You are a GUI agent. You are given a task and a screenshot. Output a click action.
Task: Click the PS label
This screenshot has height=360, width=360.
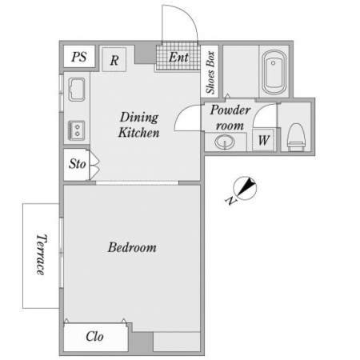79,57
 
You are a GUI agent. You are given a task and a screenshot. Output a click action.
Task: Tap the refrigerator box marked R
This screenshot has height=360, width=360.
114,59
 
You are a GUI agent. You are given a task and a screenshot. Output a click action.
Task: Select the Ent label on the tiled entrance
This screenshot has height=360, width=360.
178,57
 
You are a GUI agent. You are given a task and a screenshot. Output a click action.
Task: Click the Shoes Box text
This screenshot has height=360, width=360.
210,72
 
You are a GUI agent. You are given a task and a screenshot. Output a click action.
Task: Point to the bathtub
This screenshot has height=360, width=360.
274,72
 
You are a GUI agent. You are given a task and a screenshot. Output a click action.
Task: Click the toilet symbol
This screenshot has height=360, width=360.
296,137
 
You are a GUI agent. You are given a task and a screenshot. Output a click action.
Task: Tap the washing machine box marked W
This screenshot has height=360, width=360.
263,140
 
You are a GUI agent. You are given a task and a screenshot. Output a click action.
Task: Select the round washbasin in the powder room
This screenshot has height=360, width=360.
225,142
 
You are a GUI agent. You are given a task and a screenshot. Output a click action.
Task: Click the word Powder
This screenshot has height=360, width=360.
230,110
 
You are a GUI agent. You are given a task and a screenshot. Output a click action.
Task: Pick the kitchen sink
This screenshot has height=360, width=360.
77,90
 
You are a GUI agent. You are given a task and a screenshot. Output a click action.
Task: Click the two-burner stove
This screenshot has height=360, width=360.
77,130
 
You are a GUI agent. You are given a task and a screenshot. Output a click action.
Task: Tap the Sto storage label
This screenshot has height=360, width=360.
78,164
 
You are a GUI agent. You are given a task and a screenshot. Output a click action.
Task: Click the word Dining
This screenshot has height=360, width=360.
139,118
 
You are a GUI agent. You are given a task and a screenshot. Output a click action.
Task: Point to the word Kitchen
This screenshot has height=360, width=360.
139,133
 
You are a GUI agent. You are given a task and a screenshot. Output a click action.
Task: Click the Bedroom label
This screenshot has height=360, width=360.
132,247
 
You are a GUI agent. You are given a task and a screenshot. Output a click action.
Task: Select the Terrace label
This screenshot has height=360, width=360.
42,254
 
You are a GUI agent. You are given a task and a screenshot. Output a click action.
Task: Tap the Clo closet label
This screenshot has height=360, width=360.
94,336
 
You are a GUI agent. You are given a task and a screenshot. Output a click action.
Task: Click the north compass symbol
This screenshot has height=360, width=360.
245,188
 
